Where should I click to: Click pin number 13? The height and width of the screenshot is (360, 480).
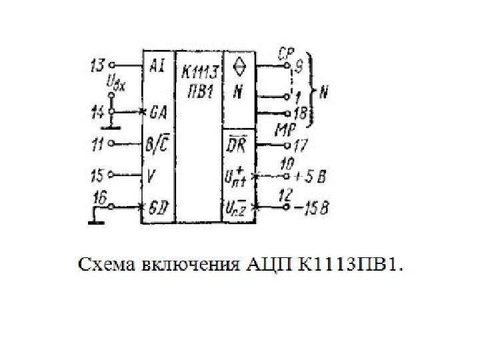pos(97,65)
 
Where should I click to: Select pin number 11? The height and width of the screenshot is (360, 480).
pos(97,142)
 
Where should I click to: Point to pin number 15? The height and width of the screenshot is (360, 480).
pos(96,176)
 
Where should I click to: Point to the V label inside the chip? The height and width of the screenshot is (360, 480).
pos(152,176)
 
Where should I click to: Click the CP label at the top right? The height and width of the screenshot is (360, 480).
pos(287,51)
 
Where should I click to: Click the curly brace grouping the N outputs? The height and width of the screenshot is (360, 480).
pos(312,91)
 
